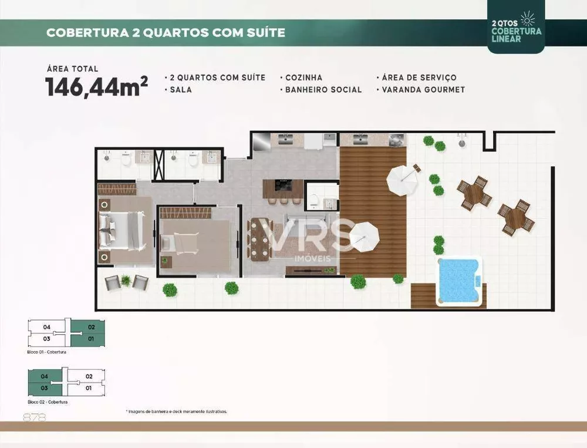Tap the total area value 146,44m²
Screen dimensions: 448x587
(96, 86)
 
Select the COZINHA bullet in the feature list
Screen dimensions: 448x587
(303, 78)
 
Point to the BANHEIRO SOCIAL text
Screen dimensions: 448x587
(323, 90)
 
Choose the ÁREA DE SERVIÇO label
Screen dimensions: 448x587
(419, 78)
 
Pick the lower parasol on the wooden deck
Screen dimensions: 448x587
(365, 237)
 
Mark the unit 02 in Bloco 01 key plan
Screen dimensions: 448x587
(90, 326)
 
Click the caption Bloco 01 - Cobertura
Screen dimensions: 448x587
(47, 352)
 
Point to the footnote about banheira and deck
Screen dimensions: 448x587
(176, 412)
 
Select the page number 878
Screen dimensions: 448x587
(34, 417)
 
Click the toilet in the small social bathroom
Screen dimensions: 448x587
(315, 200)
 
